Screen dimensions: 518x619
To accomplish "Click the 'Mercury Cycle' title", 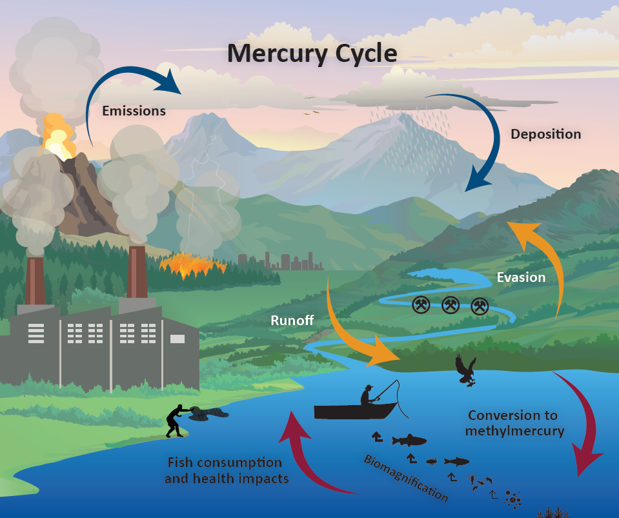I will pyautogui.click(x=312, y=53).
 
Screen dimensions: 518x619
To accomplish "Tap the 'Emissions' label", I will pyautogui.click(x=134, y=111).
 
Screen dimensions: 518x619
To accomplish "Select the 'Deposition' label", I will pyautogui.click(x=545, y=134).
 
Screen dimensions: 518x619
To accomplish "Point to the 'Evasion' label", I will pyautogui.click(x=521, y=277).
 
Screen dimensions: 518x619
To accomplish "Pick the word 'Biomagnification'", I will pyautogui.click(x=405, y=478).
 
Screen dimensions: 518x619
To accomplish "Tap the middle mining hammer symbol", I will pyautogui.click(x=450, y=305).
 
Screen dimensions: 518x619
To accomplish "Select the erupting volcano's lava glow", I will pyautogui.click(x=57, y=139).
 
